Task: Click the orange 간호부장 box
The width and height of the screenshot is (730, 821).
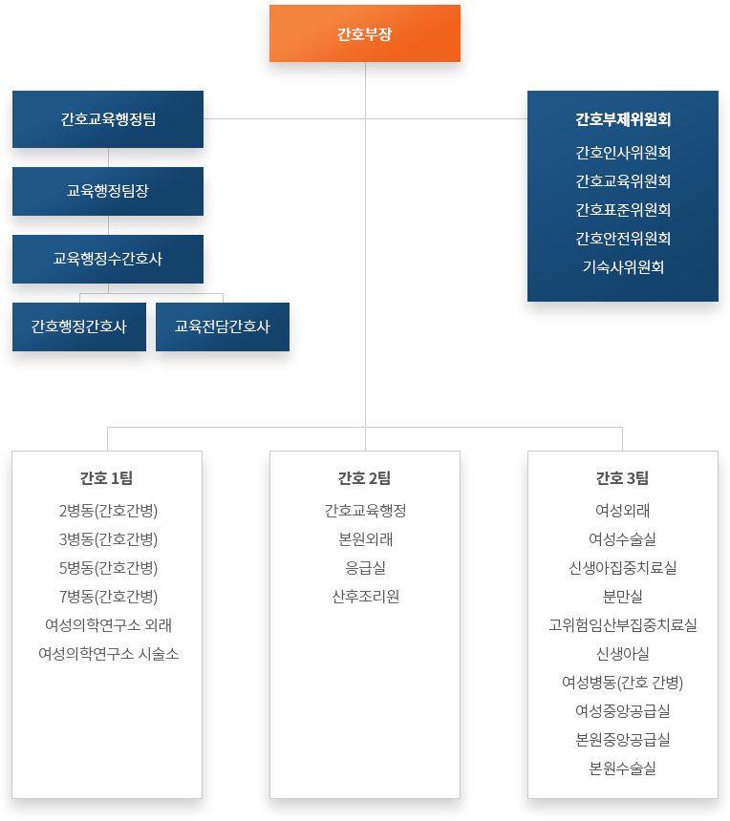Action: pos(365,33)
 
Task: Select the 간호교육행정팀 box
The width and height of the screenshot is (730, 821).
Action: pos(108,119)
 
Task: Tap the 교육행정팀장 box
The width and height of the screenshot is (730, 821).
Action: pos(108,191)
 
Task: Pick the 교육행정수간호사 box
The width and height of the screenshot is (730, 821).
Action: pos(108,259)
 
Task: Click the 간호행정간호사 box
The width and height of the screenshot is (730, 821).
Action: pos(79,326)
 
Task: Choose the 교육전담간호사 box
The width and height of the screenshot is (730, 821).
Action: pos(223,326)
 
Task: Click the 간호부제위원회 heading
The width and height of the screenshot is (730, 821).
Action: pos(623,119)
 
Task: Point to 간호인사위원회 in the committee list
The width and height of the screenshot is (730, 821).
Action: pos(623,153)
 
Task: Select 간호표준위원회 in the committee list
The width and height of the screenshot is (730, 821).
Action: pos(623,210)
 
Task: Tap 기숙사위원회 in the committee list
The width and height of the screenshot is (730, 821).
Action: pos(623,267)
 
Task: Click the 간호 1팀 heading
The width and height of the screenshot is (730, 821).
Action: pos(106,478)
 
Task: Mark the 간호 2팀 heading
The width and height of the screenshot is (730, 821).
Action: pos(364,478)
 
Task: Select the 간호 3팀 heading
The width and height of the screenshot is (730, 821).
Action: pos(623,478)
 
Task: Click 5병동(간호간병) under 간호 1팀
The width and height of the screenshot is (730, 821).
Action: pos(108,568)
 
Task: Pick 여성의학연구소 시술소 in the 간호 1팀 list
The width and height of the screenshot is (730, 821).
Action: pos(109,654)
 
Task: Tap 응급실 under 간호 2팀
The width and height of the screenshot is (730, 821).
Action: pos(365,568)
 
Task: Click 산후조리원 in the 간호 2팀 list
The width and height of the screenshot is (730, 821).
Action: pos(365,597)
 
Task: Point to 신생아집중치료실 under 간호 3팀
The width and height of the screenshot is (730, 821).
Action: pos(623,568)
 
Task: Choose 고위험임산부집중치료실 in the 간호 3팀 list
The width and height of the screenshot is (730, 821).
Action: pos(623,625)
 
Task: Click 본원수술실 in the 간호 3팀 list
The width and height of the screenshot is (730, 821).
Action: pos(623,768)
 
